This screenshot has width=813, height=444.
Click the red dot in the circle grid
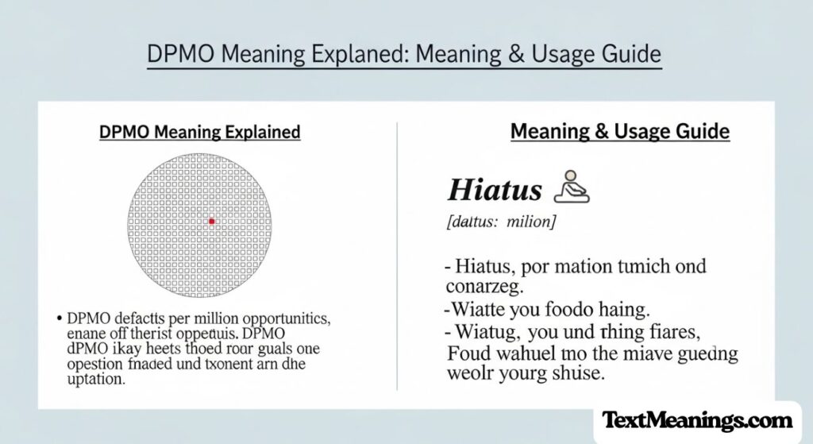click(x=211, y=222)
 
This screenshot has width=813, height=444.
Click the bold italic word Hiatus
click(x=495, y=191)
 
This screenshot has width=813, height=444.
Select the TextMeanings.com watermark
click(x=696, y=421)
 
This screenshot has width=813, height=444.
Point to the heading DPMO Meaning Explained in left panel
click(x=199, y=132)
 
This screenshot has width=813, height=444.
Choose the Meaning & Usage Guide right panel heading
click(x=619, y=132)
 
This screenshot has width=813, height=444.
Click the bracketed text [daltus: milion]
click(x=502, y=222)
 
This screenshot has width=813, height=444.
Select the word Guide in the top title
click(x=631, y=55)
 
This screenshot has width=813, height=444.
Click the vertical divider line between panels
click(x=397, y=254)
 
